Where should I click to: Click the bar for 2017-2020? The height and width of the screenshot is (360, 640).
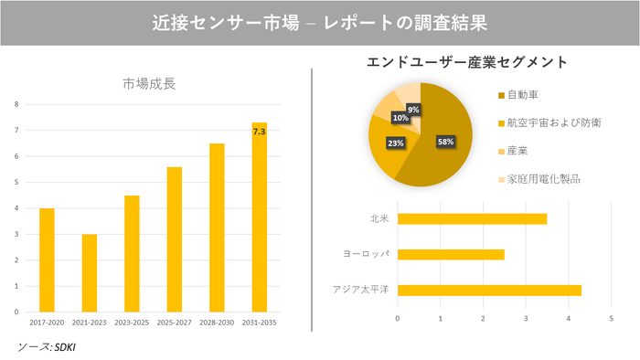(47, 260)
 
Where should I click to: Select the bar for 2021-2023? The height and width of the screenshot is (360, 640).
(89, 273)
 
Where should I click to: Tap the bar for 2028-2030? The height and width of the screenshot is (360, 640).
(217, 228)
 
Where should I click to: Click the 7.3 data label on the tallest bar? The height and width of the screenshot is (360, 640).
(259, 132)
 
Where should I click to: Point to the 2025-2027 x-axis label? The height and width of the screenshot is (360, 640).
(174, 322)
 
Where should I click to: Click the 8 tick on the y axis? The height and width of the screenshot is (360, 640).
(16, 104)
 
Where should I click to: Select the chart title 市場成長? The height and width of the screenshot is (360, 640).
(149, 84)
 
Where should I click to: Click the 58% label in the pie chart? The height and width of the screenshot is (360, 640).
(445, 142)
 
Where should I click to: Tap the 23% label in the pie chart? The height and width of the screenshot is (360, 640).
(396, 143)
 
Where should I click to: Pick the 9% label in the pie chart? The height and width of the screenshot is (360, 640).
(413, 110)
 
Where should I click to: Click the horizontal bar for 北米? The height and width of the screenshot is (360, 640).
(472, 219)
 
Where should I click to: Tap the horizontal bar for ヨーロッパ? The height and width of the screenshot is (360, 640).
(451, 254)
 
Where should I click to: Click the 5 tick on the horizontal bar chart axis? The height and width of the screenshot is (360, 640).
(611, 318)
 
